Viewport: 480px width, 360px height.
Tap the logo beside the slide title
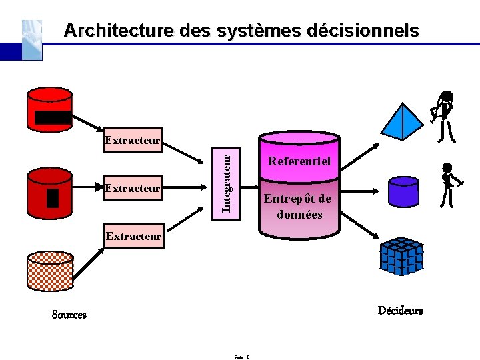pos(32,39)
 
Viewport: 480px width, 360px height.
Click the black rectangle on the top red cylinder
pos(53,118)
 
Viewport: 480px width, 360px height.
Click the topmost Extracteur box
pos(133,140)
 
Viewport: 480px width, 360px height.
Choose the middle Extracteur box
pos(133,188)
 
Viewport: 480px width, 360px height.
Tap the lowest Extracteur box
pos(133,237)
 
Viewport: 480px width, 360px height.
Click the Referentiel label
pos(299,161)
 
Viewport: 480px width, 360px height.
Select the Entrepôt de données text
pos(297,207)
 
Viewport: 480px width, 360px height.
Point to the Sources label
pos(69,315)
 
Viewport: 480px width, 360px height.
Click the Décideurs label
pos(400,311)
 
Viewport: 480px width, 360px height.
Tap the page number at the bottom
pos(241,357)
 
